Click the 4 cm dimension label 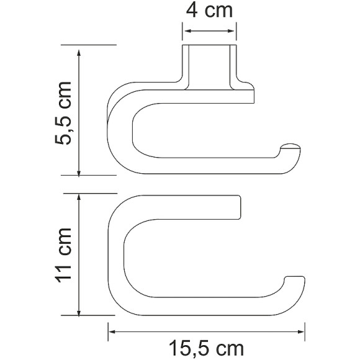pos(209,11)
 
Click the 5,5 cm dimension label pos(63,113)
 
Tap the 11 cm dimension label pos(63,255)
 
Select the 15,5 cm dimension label pos(206,349)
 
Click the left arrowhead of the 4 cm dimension pos(188,31)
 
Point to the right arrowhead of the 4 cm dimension pos(231,31)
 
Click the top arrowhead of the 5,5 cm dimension pos(79,53)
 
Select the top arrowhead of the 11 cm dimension pos(79,197)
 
